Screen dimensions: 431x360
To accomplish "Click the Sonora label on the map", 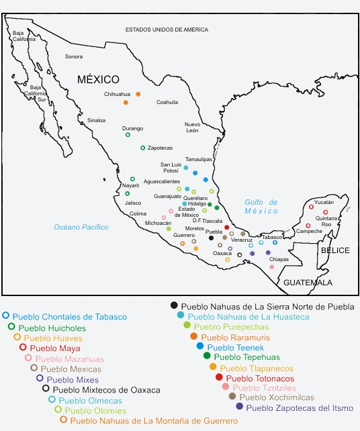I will pyautogui.click(x=74, y=56).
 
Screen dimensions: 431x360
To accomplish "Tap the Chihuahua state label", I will pyautogui.click(x=116, y=94).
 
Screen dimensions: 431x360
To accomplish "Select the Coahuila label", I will pyautogui.click(x=167, y=102).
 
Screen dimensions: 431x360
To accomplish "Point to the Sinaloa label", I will pyautogui.click(x=96, y=120).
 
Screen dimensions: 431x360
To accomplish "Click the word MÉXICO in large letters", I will pyautogui.click(x=98, y=79).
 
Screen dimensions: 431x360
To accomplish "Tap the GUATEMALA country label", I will pyautogui.click(x=307, y=283).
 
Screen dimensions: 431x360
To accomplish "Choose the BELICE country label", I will pyautogui.click(x=334, y=250).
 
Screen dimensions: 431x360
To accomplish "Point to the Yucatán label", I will pyautogui.click(x=324, y=201).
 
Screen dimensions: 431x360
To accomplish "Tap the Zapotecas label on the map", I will pyautogui.click(x=161, y=148).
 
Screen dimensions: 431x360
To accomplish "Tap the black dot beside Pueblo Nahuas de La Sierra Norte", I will pyautogui.click(x=175, y=305).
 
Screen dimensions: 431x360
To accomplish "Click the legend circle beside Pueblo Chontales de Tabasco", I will pyautogui.click(x=6, y=315).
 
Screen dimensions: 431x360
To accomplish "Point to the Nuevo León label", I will pyautogui.click(x=193, y=128).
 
